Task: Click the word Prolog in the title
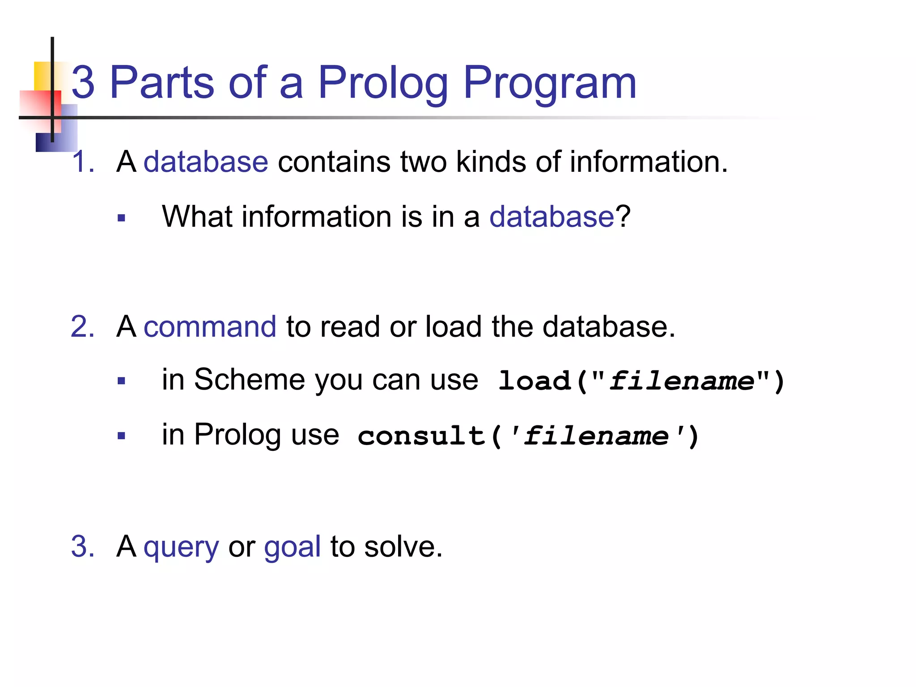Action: tap(383, 83)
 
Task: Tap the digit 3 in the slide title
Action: tap(83, 83)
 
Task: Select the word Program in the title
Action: tap(550, 83)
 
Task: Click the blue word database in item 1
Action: tap(206, 161)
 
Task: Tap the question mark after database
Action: tap(623, 217)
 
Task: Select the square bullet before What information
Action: tap(121, 218)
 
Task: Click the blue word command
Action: tap(210, 327)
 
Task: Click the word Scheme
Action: tap(250, 380)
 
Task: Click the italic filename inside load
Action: tap(682, 381)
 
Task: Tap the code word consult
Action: tap(421, 436)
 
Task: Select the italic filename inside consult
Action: tap(596, 436)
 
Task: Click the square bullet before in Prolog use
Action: tap(121, 436)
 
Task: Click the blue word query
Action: tap(181, 547)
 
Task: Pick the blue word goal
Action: tap(292, 547)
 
